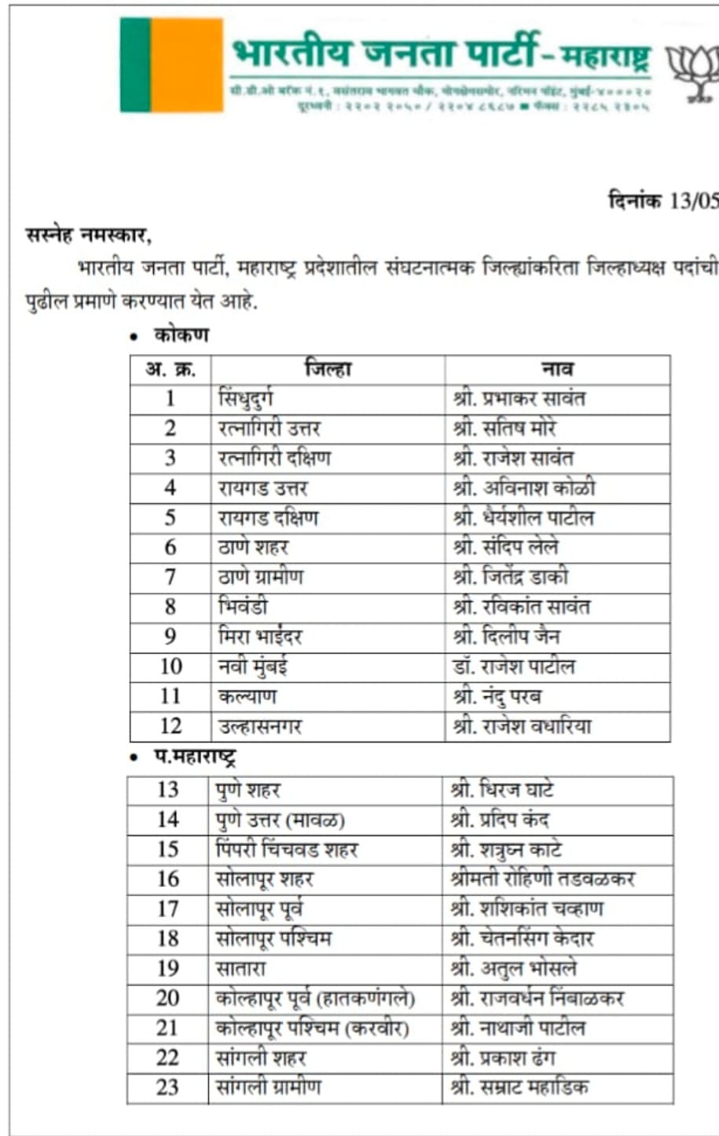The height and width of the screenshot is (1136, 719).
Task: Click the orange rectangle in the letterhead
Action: click(x=187, y=64)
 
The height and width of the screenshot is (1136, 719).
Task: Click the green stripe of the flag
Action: click(x=135, y=64)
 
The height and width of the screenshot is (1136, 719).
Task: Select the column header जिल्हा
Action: click(x=328, y=369)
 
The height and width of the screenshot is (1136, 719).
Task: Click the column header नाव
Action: click(x=557, y=369)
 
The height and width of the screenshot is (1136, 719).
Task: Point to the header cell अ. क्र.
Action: click(x=171, y=369)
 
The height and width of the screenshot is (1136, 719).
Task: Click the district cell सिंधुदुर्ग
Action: click(x=246, y=399)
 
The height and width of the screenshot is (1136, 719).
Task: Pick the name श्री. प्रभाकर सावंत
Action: click(x=519, y=399)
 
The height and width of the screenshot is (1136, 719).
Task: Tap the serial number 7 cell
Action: click(x=171, y=577)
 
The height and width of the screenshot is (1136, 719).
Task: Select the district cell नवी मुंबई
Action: click(x=253, y=667)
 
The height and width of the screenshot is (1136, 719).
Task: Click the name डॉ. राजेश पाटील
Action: click(x=514, y=667)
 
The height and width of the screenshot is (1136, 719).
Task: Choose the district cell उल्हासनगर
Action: click(x=260, y=726)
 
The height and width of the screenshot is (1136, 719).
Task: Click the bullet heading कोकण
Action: click(x=182, y=335)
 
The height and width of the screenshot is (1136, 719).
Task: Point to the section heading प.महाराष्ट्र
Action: click(x=194, y=758)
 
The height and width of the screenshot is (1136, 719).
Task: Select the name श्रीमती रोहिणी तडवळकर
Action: click(x=543, y=878)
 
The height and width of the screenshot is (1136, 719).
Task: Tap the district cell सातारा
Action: click(x=240, y=968)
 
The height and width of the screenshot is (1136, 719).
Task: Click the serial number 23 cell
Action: click(x=167, y=1087)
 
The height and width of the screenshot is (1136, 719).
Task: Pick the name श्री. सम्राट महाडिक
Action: click(x=519, y=1087)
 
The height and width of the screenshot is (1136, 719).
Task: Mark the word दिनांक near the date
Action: click(x=635, y=201)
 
